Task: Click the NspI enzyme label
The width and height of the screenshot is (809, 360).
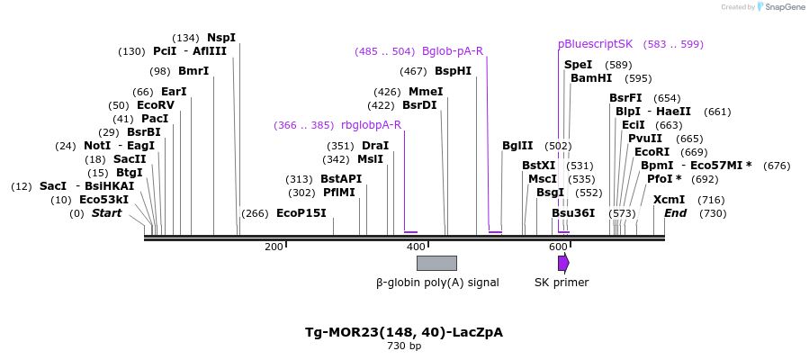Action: [220, 38]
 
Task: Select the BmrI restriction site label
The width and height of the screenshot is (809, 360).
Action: [193, 71]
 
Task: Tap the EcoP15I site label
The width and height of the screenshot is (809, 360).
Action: [301, 213]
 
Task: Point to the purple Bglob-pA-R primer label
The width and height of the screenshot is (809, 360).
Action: [453, 51]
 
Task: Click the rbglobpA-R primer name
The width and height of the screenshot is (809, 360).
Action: [371, 125]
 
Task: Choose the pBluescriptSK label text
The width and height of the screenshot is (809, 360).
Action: [596, 44]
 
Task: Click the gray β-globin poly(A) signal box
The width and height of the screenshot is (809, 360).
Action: [436, 263]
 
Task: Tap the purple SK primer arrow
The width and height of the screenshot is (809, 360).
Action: [563, 263]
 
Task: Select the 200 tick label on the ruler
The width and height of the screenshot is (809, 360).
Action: [273, 247]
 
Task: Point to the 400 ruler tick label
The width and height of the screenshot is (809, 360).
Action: [416, 247]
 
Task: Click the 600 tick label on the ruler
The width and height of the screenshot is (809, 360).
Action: [558, 247]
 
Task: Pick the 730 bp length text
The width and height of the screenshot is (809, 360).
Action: [404, 346]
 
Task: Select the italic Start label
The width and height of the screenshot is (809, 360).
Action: [107, 213]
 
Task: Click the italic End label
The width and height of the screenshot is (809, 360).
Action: [675, 213]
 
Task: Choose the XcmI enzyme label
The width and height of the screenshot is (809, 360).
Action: [669, 200]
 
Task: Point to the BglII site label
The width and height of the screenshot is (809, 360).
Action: [517, 146]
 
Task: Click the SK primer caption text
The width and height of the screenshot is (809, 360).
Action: [562, 283]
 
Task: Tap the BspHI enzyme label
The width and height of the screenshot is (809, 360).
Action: [453, 71]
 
